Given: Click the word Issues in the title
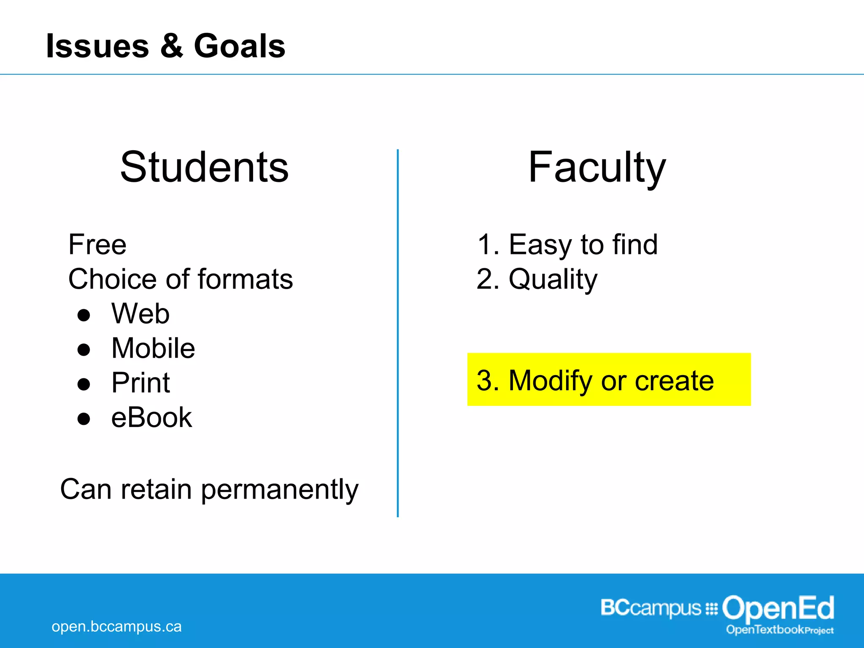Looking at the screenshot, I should point(97,46).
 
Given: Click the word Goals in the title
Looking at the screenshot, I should point(239,46).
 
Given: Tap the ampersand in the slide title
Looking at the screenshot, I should point(172,46).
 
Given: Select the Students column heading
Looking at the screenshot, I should point(204,167).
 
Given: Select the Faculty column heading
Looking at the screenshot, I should point(597,167).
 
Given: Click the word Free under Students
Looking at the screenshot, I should point(97,245).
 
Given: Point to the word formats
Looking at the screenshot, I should point(245,279).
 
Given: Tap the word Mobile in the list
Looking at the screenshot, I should point(153,348).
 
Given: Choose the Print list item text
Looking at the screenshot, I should point(140,383).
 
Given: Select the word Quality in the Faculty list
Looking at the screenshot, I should point(553,279).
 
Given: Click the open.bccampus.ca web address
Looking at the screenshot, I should point(116,626).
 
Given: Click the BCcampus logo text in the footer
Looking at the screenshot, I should point(651,608).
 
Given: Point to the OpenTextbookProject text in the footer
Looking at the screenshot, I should point(780,630).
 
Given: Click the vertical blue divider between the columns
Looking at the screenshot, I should point(397,333).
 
